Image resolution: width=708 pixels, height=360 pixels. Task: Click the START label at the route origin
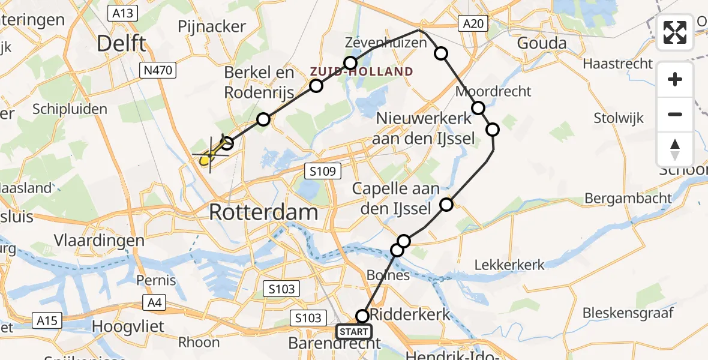point(354,331)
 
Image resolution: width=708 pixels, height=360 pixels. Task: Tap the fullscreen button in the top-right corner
point(675,32)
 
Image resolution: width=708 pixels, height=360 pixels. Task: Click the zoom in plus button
point(675,80)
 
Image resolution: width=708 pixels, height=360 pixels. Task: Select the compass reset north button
point(675,149)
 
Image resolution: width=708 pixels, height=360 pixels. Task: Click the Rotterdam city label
point(263,212)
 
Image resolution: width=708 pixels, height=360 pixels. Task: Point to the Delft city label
point(121,44)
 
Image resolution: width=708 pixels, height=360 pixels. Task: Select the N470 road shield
point(158,71)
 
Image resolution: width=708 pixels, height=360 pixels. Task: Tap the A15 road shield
point(46,320)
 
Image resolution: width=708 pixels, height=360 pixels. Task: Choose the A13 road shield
point(122,13)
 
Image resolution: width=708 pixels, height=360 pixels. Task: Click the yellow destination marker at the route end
point(205,160)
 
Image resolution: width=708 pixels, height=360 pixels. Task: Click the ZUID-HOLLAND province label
point(361,72)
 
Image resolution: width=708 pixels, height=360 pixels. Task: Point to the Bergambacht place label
point(628,198)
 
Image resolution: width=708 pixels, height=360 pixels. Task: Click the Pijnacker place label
point(212,26)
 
